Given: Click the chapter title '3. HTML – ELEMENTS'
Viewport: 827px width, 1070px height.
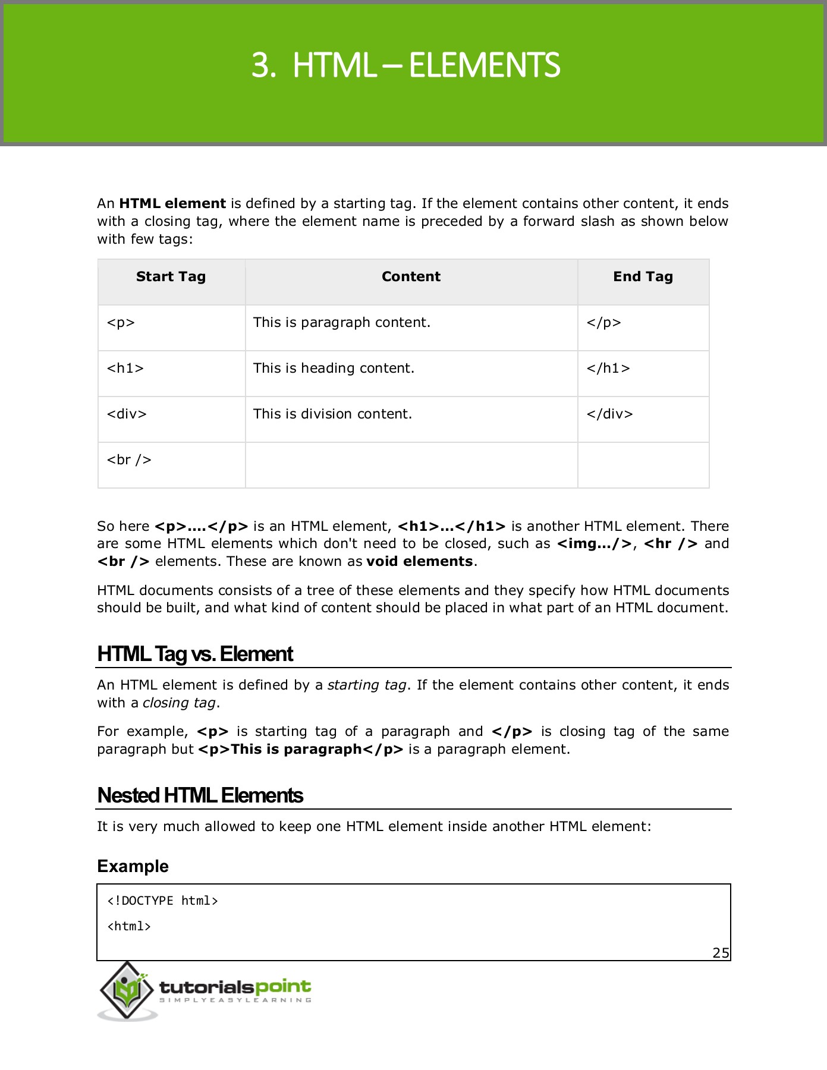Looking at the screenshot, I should coord(405,65).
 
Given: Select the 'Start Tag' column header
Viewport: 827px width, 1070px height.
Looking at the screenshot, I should coord(171,276).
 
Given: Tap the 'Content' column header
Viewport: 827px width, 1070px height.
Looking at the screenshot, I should coord(411,276).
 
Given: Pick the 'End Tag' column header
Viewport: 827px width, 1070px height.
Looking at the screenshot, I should coord(643,276).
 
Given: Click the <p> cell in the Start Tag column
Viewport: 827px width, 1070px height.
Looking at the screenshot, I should coord(121,323).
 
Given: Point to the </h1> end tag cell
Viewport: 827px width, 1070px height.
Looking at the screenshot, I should coord(608,369).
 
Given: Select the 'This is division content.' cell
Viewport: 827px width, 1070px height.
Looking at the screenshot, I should coord(332,414).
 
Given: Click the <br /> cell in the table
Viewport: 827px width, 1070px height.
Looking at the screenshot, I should coord(129,460).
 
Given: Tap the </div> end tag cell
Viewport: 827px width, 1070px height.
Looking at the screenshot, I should coord(609,414).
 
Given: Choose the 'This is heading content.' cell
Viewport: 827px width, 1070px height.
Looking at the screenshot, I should coord(334,369).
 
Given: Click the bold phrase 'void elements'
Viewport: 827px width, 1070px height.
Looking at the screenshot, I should coord(420,562).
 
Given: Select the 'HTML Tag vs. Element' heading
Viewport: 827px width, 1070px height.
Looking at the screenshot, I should coord(195,654).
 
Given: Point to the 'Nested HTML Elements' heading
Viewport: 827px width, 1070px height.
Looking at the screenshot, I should coord(200,796).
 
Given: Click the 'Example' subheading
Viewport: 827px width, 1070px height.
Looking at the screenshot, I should coord(133,867).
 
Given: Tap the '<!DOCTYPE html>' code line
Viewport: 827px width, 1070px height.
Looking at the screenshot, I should coord(162,901).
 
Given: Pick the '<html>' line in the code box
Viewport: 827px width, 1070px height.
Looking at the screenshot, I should coord(129,927).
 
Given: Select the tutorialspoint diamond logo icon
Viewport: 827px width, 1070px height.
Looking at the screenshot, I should coord(127,989).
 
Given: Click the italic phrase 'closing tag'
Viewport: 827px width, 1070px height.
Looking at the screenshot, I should coord(179,703).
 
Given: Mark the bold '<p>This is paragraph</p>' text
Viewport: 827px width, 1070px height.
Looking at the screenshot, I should coord(300,750).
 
